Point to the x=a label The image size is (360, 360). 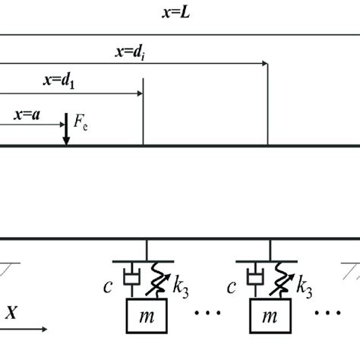click(x=27, y=115)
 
